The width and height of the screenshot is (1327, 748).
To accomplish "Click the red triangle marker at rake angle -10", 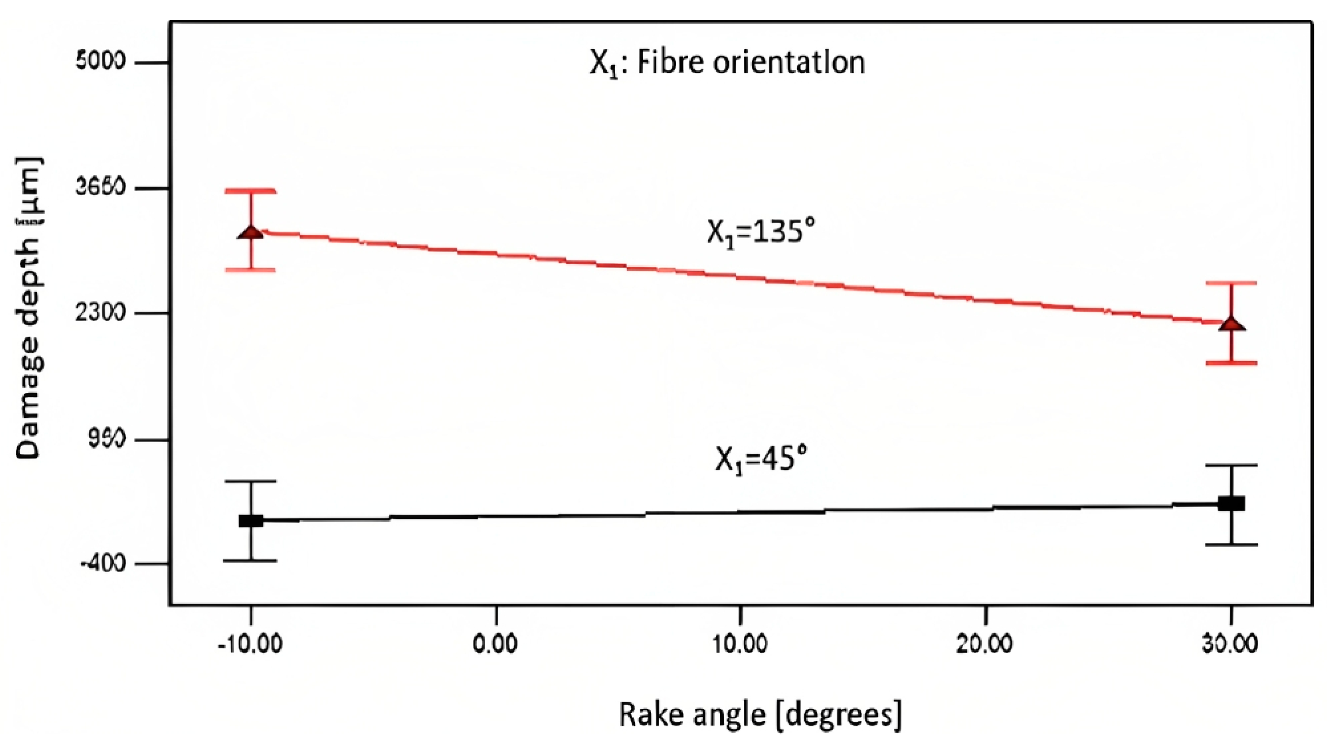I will coord(251,232).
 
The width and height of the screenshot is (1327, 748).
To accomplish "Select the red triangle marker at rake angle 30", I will coord(1232,324).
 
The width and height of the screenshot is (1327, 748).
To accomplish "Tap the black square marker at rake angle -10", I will coord(251,520).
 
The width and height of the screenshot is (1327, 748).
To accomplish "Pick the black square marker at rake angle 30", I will coord(1232,503).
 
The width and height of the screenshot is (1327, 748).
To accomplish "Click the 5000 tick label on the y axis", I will coord(101,63).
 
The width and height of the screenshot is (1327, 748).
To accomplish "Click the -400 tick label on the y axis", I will coord(102,564).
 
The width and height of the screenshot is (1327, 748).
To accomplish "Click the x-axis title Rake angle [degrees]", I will coord(760,715).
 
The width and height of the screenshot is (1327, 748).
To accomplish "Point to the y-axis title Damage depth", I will coord(29,308).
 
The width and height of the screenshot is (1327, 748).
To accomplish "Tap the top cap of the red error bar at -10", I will coord(251,191).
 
